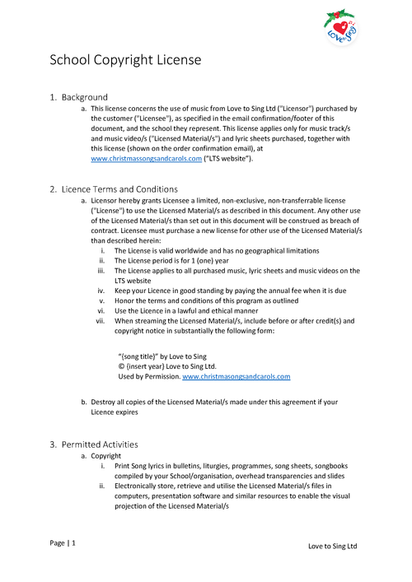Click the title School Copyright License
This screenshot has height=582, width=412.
(x=125, y=60)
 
